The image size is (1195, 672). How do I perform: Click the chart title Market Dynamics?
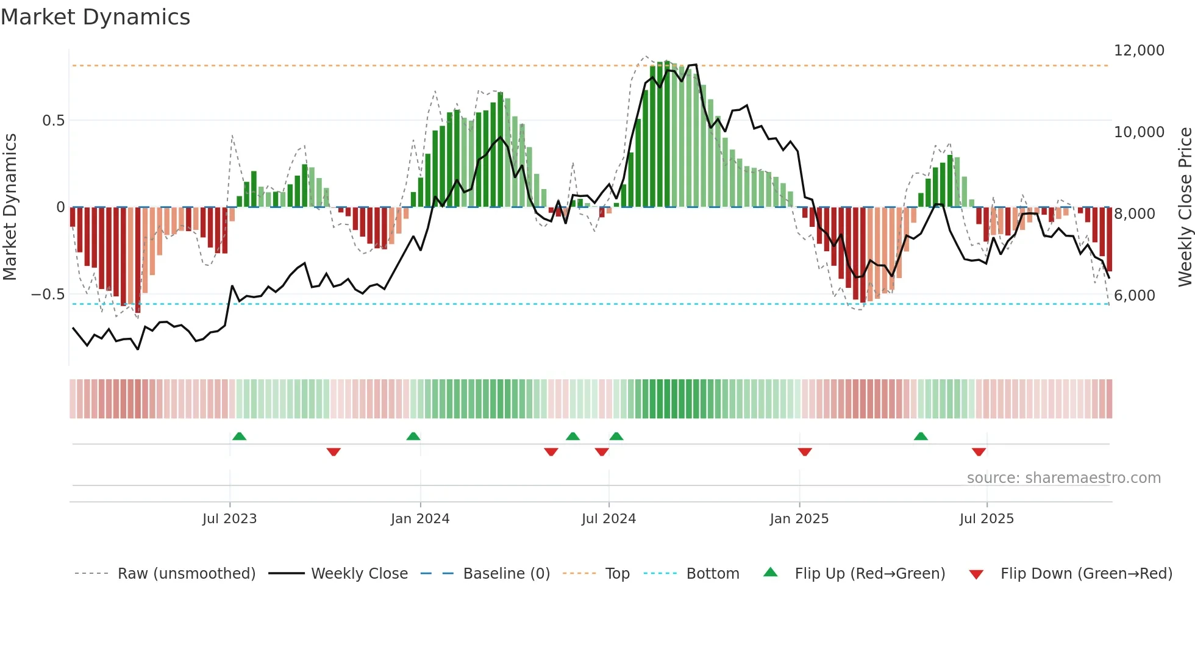(x=95, y=17)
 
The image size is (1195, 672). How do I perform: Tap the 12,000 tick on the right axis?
(x=1139, y=51)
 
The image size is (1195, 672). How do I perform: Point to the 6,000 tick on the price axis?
(x=1134, y=296)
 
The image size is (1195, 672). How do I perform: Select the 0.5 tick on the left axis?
(x=53, y=121)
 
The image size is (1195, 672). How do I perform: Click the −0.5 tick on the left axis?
(x=48, y=295)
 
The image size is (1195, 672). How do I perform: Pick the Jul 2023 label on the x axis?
(x=229, y=519)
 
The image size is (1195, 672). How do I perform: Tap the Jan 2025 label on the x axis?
(x=799, y=519)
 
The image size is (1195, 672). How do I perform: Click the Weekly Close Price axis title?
(x=1185, y=207)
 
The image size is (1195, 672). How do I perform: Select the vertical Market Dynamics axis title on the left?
(x=10, y=207)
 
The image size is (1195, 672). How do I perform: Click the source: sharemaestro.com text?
(x=1063, y=478)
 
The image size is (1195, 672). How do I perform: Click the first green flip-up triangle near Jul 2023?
(x=239, y=437)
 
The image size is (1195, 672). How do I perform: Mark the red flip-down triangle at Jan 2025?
(x=805, y=452)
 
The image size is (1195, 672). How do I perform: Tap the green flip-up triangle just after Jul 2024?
(x=616, y=437)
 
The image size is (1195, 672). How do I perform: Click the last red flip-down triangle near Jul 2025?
(x=979, y=452)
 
